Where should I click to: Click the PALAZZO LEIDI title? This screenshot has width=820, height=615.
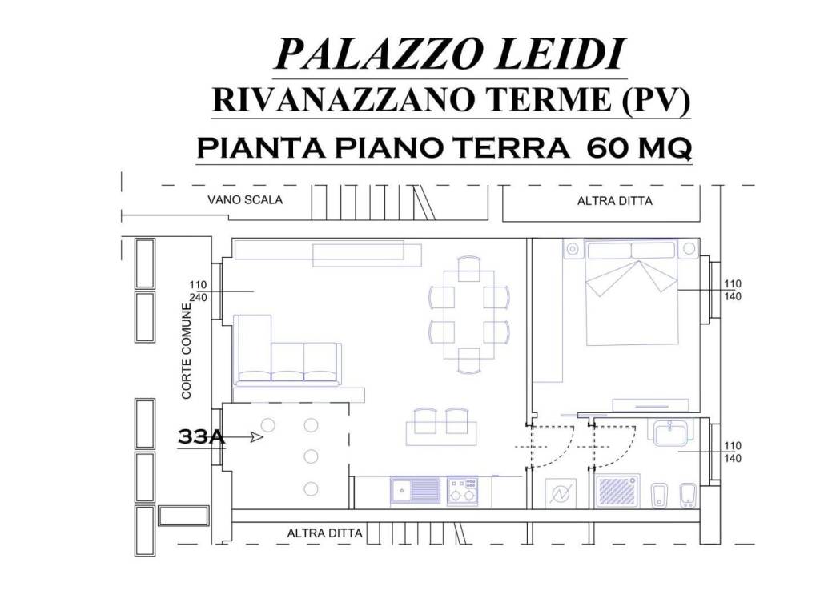pos(449,55)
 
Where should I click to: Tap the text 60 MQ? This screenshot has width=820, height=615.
pos(638,148)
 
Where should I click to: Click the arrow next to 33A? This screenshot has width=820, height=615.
pos(255,437)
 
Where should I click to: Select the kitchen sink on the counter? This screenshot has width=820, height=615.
pos(415,491)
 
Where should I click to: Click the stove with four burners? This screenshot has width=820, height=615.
pos(464,491)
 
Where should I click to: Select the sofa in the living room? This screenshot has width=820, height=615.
pos(287,352)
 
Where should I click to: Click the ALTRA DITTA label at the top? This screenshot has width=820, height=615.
pos(614,202)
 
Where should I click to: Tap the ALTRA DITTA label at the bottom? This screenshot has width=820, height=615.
pos(324,533)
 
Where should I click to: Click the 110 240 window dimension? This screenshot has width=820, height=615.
pos(198,290)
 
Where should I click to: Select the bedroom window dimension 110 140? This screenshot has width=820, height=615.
pos(732,290)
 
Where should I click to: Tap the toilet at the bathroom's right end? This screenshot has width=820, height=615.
pos(687,494)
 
